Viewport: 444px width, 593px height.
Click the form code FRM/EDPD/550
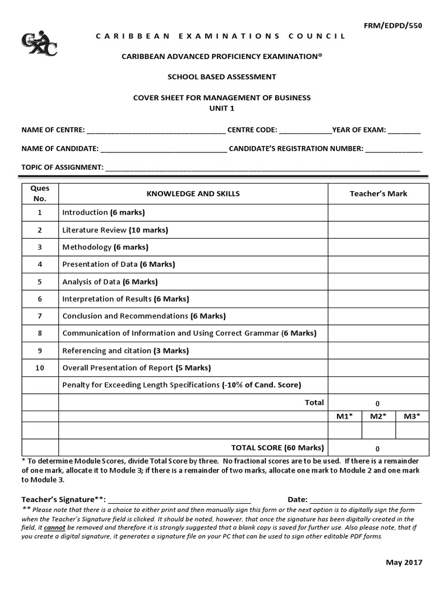404,26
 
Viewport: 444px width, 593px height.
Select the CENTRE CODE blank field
305,130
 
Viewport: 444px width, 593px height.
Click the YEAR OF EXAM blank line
404,130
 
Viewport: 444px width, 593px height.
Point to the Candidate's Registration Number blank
394,149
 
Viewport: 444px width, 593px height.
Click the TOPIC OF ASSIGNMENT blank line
262,168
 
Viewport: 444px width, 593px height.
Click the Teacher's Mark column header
378,193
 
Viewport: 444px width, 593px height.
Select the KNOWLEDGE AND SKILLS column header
193,193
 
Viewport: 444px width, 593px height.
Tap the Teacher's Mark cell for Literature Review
378,230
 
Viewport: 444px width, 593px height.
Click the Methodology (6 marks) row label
105,247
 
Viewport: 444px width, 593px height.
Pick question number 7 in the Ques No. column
40,316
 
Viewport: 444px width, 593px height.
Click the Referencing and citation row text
125,351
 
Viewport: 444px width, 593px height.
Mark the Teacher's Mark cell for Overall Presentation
378,368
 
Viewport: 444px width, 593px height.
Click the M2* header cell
379,416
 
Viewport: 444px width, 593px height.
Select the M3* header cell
412,416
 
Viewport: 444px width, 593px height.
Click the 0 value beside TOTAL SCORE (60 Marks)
378,448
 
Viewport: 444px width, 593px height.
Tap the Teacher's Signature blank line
180,500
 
